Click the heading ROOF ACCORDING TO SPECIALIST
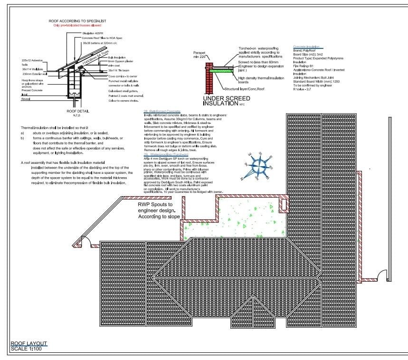tap(77, 21)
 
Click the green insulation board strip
tap(225, 69)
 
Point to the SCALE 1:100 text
tap(29, 349)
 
